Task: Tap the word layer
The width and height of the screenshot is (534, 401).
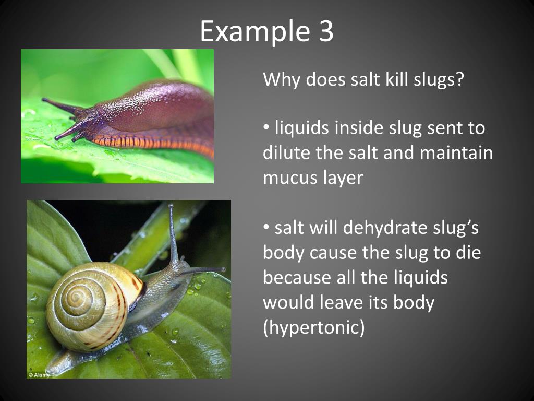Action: (343, 178)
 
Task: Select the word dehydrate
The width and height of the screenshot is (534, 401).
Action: (388, 228)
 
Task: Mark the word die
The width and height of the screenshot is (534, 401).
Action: (467, 253)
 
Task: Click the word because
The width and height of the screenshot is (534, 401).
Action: (294, 278)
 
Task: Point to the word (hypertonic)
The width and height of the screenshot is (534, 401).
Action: (313, 328)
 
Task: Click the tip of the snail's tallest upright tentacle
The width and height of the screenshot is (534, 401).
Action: (171, 206)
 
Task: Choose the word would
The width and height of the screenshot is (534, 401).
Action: (288, 303)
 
